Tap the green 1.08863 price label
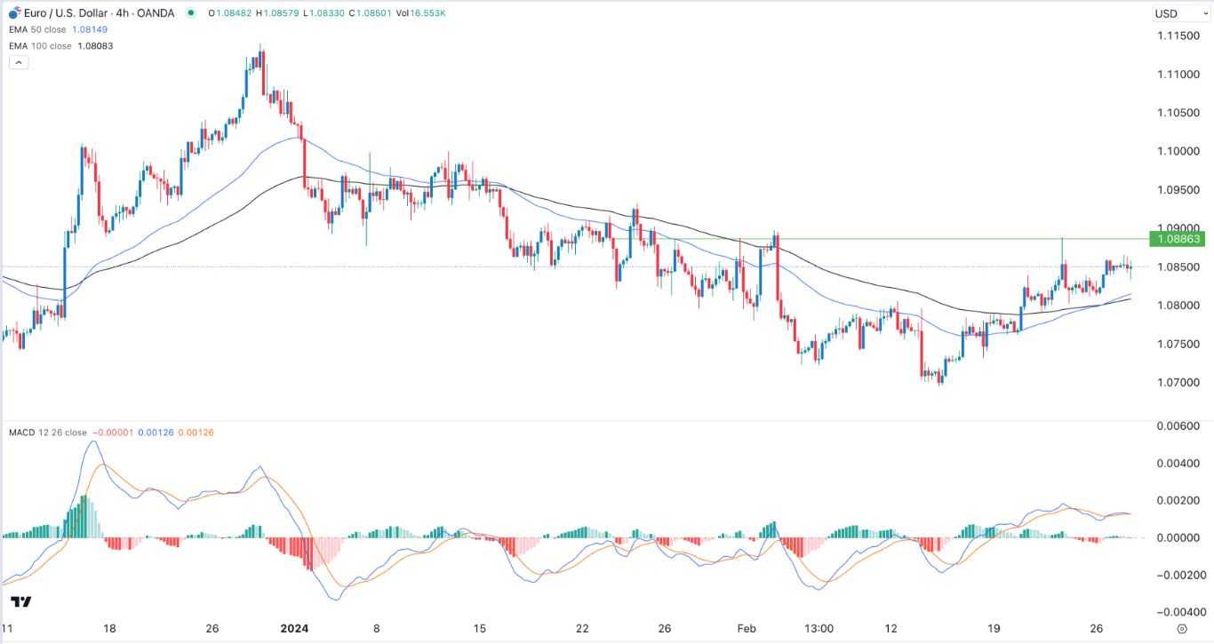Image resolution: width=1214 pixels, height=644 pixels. (1180, 239)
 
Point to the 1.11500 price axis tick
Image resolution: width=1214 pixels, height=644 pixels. (1179, 36)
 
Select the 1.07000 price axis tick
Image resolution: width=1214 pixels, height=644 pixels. (1179, 383)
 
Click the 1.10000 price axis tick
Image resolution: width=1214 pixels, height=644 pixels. (1179, 151)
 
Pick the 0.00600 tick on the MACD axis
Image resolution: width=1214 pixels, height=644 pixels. (1179, 425)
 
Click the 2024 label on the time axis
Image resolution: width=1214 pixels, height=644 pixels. (293, 628)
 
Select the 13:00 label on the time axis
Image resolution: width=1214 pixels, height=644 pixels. (819, 628)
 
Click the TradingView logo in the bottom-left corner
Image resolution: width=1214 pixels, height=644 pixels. (21, 602)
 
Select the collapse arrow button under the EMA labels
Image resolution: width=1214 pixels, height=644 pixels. (19, 62)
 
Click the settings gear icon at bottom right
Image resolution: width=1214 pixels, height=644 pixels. (1181, 628)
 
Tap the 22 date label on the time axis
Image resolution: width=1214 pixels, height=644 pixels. (582, 628)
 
